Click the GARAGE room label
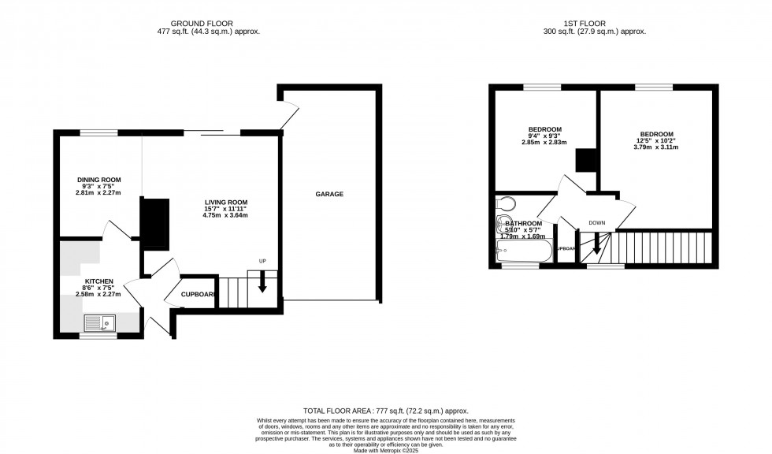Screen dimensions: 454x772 329,194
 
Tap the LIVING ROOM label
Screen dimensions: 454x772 220,202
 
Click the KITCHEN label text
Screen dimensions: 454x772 99,281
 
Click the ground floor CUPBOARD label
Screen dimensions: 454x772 197,294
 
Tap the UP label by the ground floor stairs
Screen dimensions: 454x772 262,262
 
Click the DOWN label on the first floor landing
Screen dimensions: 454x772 596,223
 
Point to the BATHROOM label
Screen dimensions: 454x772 524,222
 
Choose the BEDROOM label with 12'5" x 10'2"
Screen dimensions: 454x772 656,134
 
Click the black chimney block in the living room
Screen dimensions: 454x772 154,222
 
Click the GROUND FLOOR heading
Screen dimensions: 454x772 208,24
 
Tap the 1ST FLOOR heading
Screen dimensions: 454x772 595,24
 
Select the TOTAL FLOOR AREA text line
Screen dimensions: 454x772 385,411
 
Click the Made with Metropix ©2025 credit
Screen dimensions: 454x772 385,448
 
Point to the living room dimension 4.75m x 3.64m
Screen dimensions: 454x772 220,214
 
